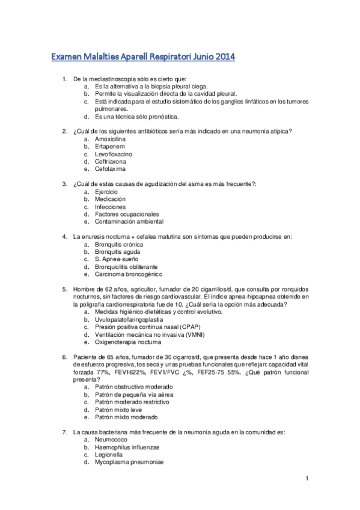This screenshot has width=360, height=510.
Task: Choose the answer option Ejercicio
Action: click(x=106, y=191)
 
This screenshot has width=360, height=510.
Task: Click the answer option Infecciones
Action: click(x=110, y=206)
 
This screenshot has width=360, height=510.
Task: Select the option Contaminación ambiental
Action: click(x=129, y=221)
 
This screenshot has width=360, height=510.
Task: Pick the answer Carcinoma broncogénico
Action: click(x=128, y=274)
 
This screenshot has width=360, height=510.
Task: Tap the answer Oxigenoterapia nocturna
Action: click(x=127, y=342)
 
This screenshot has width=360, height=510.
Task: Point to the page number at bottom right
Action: click(x=306, y=478)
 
